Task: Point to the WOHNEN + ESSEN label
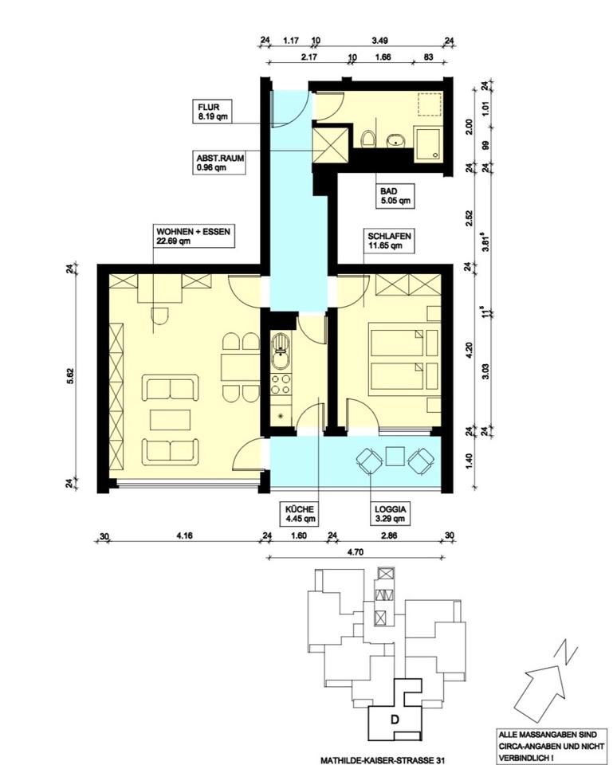(x=193, y=231)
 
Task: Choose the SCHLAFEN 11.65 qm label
(x=389, y=241)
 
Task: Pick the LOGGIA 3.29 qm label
(x=390, y=514)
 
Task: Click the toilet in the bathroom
(x=368, y=138)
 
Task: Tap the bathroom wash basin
(x=396, y=141)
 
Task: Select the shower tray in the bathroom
(x=428, y=144)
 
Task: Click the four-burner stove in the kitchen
(x=281, y=383)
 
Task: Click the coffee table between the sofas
(x=170, y=420)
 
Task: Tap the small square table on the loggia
(x=395, y=457)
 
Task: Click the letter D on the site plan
(x=395, y=719)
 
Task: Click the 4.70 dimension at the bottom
(x=356, y=552)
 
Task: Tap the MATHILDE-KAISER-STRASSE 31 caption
(x=383, y=759)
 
